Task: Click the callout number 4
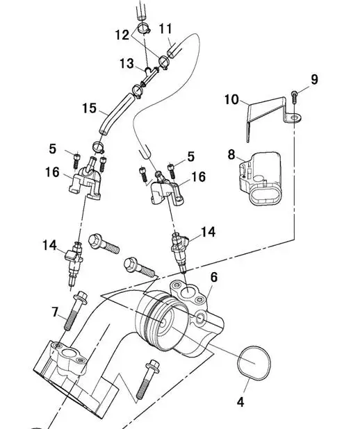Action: (x=240, y=402)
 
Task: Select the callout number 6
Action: (x=213, y=277)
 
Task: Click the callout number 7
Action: (x=55, y=312)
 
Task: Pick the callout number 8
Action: (x=231, y=155)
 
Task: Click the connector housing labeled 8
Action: (x=261, y=178)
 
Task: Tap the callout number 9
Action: (x=314, y=79)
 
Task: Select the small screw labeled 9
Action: (x=294, y=97)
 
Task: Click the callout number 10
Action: (x=232, y=99)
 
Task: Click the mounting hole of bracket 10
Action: (x=295, y=118)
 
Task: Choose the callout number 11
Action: (x=165, y=28)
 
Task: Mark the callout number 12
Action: (x=122, y=35)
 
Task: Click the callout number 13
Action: (x=126, y=63)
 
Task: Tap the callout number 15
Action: (x=90, y=108)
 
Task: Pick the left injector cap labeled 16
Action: (x=85, y=179)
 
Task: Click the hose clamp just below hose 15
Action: (x=99, y=147)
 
